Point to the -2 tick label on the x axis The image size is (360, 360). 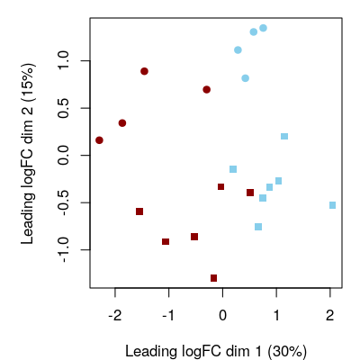point(115,315)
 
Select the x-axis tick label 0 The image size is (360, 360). point(222,315)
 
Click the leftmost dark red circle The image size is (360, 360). point(99,140)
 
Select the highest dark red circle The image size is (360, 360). point(144,71)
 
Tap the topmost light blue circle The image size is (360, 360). point(263,28)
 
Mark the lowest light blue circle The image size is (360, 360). point(245,78)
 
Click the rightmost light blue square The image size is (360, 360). point(333,205)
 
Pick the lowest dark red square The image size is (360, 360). point(213,278)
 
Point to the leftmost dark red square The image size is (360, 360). point(139,211)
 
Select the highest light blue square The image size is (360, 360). point(284,137)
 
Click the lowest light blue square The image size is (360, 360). point(258,227)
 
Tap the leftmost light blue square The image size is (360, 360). point(233,169)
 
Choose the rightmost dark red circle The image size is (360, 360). point(207,90)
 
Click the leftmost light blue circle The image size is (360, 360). point(238,50)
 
